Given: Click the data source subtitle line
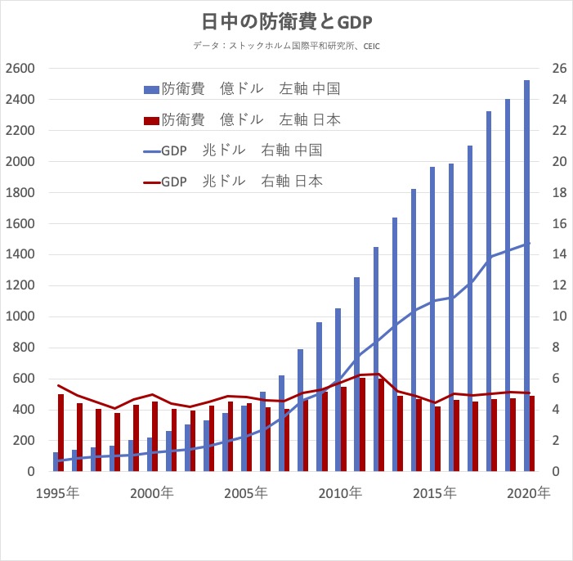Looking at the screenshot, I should pyautogui.click(x=287, y=46).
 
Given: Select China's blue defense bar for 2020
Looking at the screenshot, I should pyautogui.click(x=526, y=275).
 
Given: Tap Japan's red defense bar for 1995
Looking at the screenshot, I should pyautogui.click(x=60, y=433).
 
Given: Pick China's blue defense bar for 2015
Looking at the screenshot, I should pyautogui.click(x=432, y=319).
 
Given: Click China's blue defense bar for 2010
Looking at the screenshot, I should pyautogui.click(x=338, y=389).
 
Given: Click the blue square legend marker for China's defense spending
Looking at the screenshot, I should pyautogui.click(x=150, y=89).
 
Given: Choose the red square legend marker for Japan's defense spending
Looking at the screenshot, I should pyautogui.click(x=150, y=120).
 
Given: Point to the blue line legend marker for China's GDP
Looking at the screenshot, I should pyautogui.click(x=150, y=150).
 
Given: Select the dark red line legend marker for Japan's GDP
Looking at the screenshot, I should pyautogui.click(x=150, y=182).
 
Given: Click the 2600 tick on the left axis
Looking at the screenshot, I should pyautogui.click(x=20, y=69).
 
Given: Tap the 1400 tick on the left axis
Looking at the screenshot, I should pyautogui.click(x=20, y=255).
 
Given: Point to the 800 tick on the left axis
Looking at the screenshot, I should pyautogui.click(x=23, y=348).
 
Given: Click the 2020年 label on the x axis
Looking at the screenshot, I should pyautogui.click(x=527, y=494).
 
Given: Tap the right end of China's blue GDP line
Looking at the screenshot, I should pyautogui.click(x=530, y=243).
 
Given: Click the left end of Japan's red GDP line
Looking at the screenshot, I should pyautogui.click(x=57, y=385).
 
